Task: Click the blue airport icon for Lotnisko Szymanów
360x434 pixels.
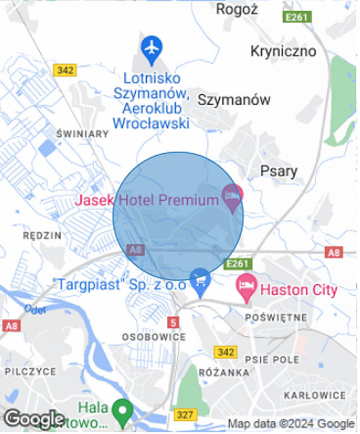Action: (x=152, y=49)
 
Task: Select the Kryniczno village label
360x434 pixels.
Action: (x=284, y=51)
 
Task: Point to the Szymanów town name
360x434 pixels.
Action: (x=234, y=100)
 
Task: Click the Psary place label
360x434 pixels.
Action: (x=278, y=171)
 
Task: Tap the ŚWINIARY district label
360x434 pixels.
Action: (x=82, y=134)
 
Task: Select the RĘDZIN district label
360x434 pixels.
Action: (x=41, y=235)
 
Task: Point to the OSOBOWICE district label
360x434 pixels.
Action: (x=154, y=337)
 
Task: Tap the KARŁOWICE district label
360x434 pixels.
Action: (x=315, y=394)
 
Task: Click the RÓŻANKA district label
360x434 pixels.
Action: (x=225, y=372)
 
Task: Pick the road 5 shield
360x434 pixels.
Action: (x=173, y=322)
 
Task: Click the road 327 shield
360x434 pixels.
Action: (x=185, y=414)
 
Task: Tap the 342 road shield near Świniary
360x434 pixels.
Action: (x=65, y=70)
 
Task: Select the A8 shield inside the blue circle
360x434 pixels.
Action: (x=135, y=249)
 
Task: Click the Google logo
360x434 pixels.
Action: (x=34, y=419)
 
